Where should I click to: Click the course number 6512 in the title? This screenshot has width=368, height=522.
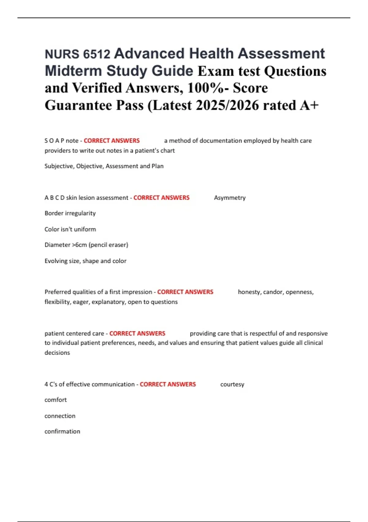point(96,54)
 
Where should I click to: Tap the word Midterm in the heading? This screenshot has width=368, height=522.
point(73,71)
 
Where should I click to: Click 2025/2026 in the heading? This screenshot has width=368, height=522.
point(227,105)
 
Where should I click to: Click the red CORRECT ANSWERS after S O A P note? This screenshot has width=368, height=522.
point(112,141)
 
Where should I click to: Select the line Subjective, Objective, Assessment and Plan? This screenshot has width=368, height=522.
point(104,166)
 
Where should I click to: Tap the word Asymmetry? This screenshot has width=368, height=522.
point(230,198)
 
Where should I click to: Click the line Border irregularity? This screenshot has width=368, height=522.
point(70,213)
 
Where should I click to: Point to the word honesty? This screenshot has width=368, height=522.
point(249,292)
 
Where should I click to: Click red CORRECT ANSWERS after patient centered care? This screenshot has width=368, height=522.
point(137,333)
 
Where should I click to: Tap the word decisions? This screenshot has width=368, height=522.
point(57,353)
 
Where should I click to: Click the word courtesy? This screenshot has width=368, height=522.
point(232,384)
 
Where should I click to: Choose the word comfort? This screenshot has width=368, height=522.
point(56,400)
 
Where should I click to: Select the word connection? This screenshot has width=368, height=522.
point(60,416)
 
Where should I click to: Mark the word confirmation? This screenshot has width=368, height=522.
point(62,431)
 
